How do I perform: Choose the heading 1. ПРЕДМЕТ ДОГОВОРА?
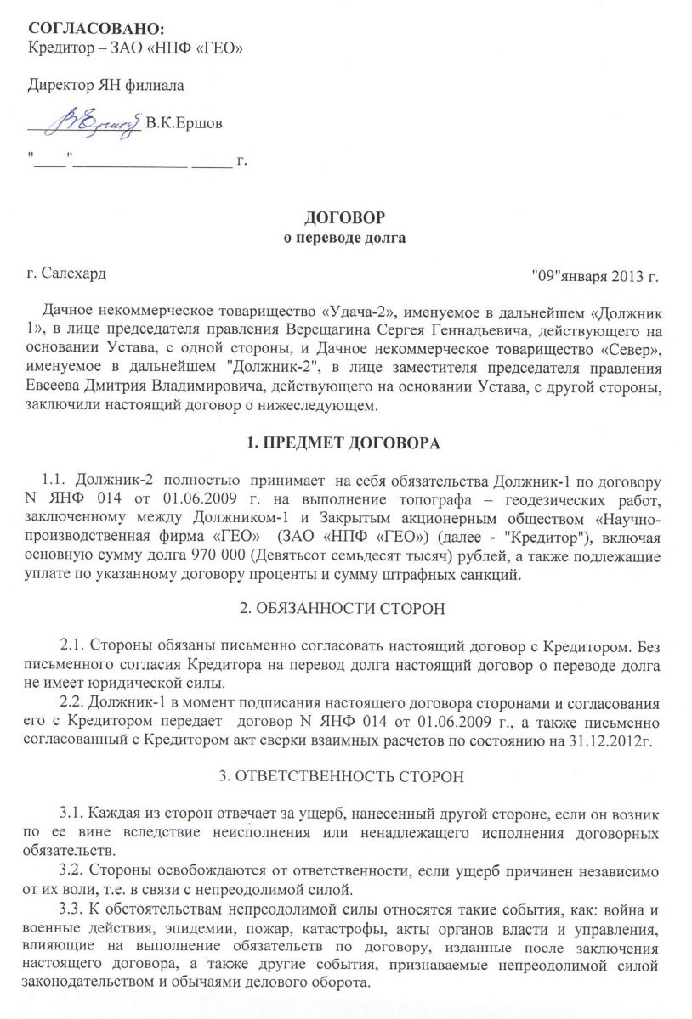(345, 445)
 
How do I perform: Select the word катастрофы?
(356, 928)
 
